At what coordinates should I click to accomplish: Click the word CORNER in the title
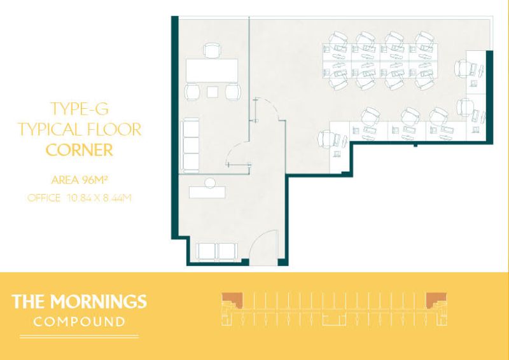click(80, 150)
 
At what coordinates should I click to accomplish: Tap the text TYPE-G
click(80, 109)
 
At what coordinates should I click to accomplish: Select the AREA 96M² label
click(79, 179)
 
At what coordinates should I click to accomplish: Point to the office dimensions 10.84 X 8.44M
click(99, 198)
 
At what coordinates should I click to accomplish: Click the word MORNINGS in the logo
click(98, 301)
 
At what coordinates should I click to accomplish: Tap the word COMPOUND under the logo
click(79, 322)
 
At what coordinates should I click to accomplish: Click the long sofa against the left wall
click(190, 145)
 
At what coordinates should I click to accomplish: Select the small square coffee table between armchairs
click(213, 92)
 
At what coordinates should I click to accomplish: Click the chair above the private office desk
click(213, 50)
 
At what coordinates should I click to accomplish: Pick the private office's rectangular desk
click(212, 71)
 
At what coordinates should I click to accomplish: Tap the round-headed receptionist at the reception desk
click(210, 183)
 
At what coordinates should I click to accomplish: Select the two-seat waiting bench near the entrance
click(216, 252)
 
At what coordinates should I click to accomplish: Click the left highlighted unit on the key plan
click(232, 301)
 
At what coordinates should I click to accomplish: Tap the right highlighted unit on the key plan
click(436, 301)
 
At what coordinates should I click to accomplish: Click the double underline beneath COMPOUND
click(79, 336)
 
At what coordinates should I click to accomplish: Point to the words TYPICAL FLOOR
click(80, 129)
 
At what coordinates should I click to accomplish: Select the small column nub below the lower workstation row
click(415, 145)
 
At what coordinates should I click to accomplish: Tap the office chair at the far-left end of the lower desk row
click(327, 140)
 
